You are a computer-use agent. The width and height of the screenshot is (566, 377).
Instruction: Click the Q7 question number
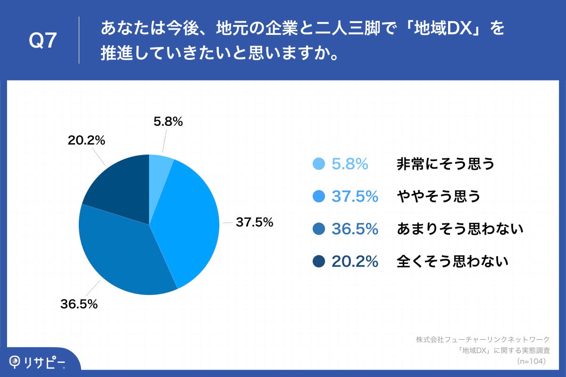pyautogui.click(x=43, y=41)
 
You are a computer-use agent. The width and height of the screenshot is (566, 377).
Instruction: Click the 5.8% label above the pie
pyautogui.click(x=168, y=122)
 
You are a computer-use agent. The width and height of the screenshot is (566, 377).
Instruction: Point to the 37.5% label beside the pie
pyautogui.click(x=255, y=222)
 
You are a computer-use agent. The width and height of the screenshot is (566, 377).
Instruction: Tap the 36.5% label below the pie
pyautogui.click(x=79, y=304)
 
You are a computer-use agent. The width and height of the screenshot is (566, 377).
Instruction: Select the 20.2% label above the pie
pyautogui.click(x=86, y=140)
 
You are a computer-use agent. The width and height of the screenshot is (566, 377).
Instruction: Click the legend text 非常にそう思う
pyautogui.click(x=445, y=164)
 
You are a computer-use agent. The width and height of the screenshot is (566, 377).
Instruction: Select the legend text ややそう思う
pyautogui.click(x=438, y=196)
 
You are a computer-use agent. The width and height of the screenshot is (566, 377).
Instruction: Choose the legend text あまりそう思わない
pyautogui.click(x=460, y=229)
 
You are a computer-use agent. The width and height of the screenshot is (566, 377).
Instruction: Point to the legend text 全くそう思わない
pyautogui.click(x=452, y=261)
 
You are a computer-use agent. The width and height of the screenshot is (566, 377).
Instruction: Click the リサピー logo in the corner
pyautogui.click(x=38, y=362)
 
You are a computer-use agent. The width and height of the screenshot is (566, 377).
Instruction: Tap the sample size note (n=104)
pyautogui.click(x=531, y=361)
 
